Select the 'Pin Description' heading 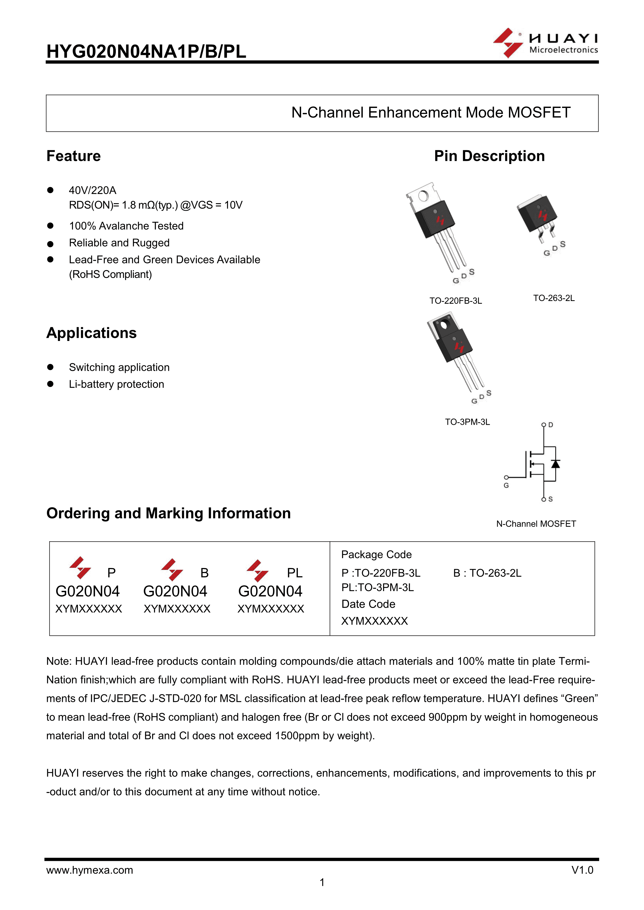[x=489, y=156]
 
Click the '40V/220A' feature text [x=92, y=191]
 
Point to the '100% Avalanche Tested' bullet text [x=126, y=226]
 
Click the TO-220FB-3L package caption [x=456, y=301]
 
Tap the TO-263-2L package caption [x=554, y=298]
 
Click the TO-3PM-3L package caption [x=467, y=422]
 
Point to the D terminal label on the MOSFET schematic [x=551, y=425]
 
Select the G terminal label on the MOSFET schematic [x=506, y=485]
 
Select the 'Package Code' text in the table [x=376, y=555]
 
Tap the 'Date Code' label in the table [x=368, y=604]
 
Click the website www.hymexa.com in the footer [x=90, y=870]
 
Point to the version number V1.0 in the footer [x=582, y=870]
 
